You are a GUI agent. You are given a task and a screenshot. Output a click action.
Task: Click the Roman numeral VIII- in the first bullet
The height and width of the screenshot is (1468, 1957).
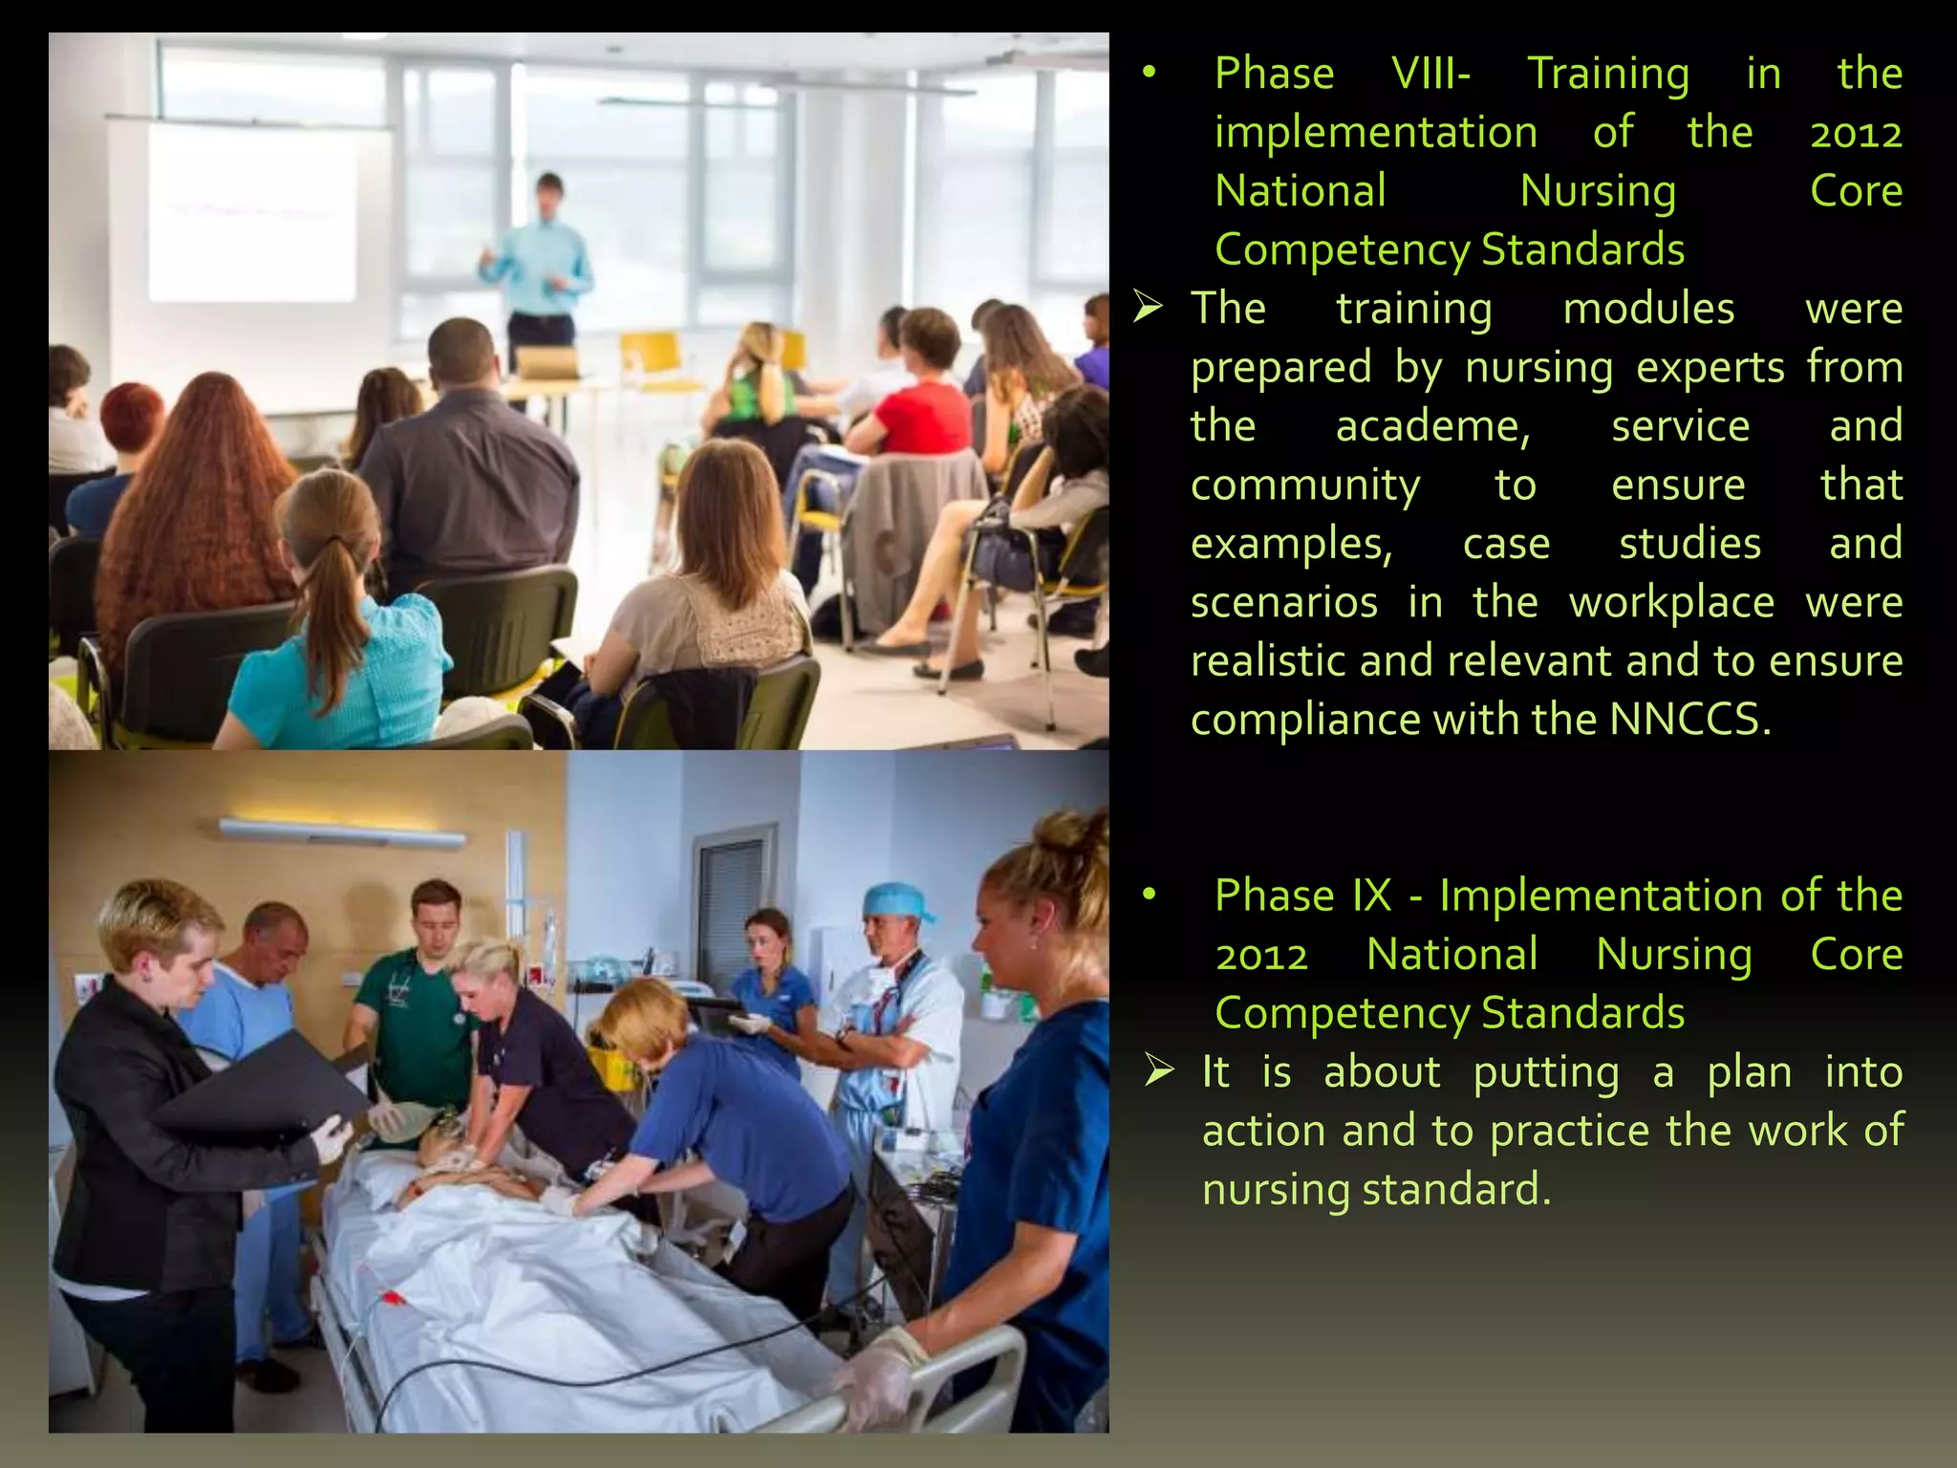coord(1430,74)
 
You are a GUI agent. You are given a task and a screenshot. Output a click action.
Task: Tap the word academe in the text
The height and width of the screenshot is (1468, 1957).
coord(1432,426)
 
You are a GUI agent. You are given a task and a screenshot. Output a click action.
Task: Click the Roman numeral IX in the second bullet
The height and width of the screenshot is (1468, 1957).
coord(1371,896)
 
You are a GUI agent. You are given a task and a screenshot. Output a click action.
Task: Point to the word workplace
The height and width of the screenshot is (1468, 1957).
coord(1671,603)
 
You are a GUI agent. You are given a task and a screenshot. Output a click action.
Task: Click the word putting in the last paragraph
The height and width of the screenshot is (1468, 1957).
coord(1546,1072)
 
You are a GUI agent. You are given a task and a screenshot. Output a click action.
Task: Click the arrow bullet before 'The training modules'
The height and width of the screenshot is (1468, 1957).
coord(1148,308)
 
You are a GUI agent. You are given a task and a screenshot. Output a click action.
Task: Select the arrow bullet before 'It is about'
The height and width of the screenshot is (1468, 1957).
coord(1159,1071)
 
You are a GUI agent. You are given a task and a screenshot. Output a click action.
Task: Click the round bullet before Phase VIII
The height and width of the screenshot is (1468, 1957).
coord(1150,73)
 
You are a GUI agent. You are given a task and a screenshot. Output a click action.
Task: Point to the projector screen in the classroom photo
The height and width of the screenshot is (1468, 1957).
coord(252,212)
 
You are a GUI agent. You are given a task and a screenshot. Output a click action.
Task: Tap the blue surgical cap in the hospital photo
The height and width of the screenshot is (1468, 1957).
coord(895,901)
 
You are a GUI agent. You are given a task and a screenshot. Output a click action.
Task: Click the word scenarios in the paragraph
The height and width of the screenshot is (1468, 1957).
coord(1283,603)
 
